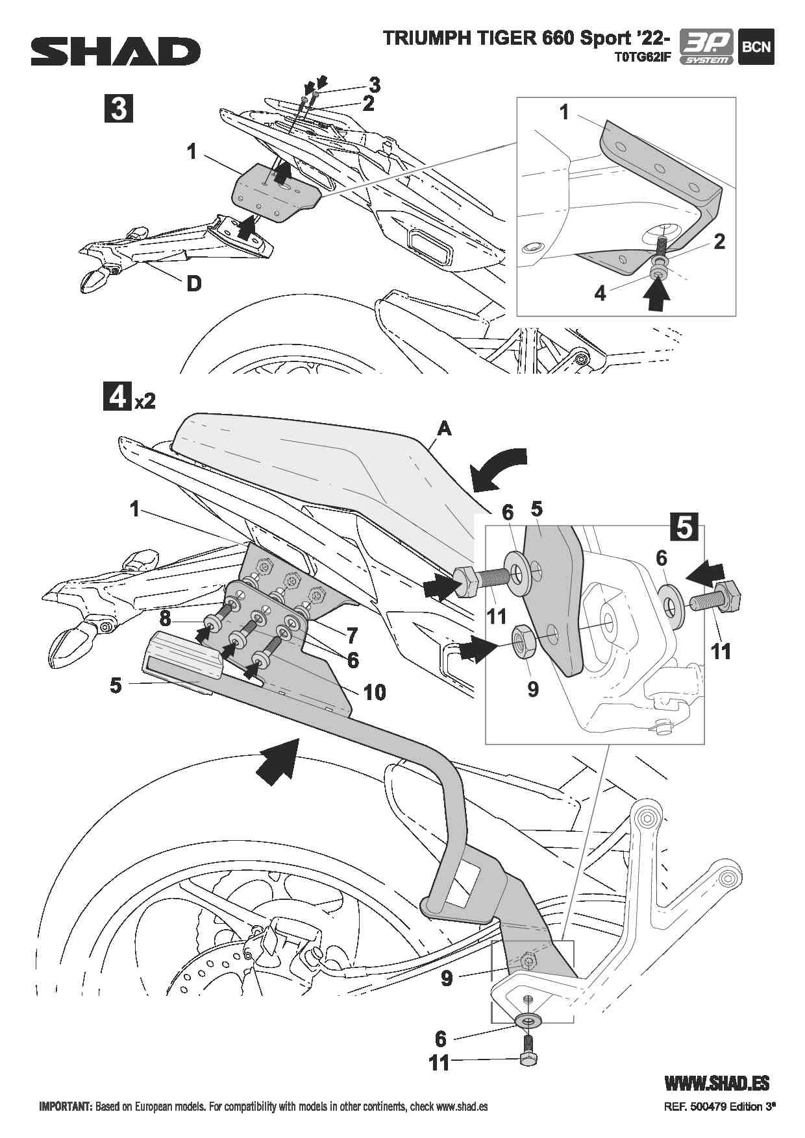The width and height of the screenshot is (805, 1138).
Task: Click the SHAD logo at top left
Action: [116, 51]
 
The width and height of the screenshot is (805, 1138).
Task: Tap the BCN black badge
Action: [756, 47]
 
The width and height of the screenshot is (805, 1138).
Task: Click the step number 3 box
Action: [119, 108]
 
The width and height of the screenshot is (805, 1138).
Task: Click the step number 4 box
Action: [118, 397]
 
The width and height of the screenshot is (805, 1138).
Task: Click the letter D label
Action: [193, 284]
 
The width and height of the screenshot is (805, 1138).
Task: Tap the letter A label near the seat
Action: [444, 428]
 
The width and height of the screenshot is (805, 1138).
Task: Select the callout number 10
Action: [375, 692]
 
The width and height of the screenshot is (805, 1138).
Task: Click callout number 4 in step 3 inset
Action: [600, 294]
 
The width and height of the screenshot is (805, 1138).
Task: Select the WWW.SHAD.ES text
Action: [717, 1083]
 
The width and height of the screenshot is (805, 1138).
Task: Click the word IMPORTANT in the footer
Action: [66, 1107]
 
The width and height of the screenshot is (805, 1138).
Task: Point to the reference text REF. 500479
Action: [695, 1108]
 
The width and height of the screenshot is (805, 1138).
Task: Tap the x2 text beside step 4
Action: [145, 402]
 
